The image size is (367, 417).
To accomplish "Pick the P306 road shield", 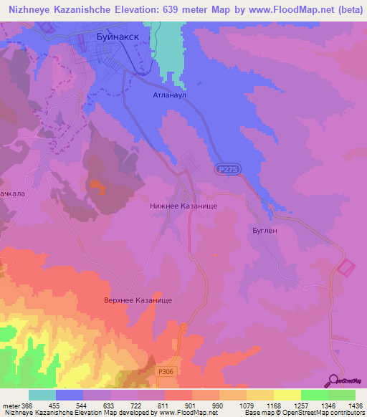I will pyautogui.click(x=163, y=371).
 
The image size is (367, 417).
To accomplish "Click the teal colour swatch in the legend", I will pyautogui.click(x=42, y=395).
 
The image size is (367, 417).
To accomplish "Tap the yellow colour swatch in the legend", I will pyautogui.click(x=287, y=395).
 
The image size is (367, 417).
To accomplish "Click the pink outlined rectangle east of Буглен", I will pyautogui.click(x=345, y=268).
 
